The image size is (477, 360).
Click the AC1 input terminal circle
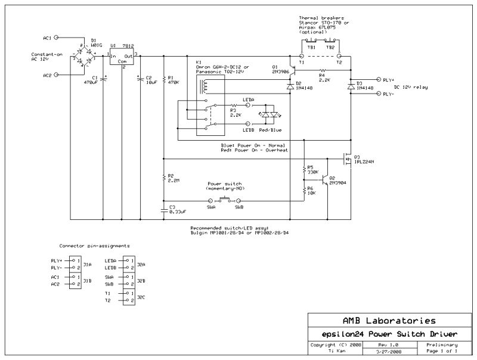pyautogui.click(x=56, y=37)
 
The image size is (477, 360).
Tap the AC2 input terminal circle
pyautogui.click(x=56, y=76)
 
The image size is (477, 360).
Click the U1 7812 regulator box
pyautogui.click(x=122, y=55)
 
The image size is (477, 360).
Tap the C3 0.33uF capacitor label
pyautogui.click(x=177, y=209)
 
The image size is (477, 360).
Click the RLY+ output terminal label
pyautogui.click(x=388, y=79)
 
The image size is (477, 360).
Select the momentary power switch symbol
pyautogui.click(x=225, y=198)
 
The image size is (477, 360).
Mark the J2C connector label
pyautogui.click(x=141, y=297)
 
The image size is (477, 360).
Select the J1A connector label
pyautogui.click(x=87, y=264)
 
